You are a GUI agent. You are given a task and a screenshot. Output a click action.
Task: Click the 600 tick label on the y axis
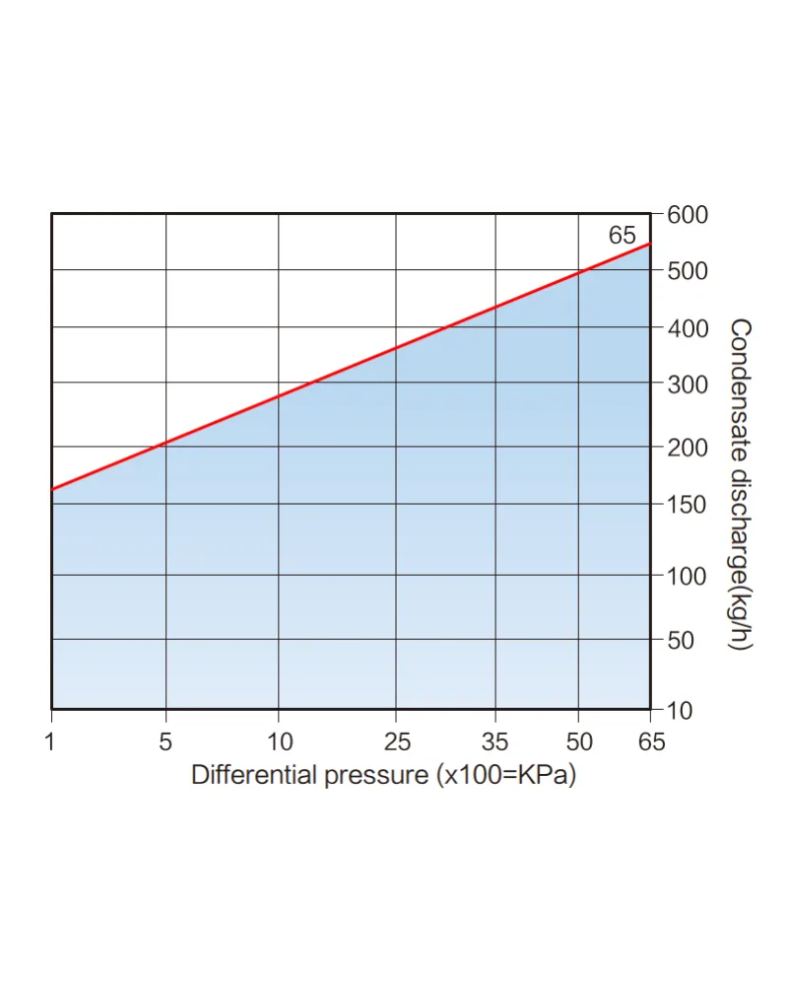pos(688,215)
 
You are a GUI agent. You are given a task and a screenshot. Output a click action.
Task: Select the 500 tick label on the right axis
pos(688,271)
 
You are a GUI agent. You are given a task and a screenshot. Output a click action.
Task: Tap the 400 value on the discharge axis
pos(688,328)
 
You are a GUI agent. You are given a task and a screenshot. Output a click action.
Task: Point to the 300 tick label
pos(688,385)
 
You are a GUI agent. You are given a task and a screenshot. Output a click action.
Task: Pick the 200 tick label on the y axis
pos(688,448)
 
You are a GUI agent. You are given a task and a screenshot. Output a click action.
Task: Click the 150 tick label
pos(687,504)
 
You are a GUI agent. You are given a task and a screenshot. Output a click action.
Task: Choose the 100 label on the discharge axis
pos(687,576)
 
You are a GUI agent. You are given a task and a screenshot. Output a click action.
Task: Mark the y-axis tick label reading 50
pos(681,640)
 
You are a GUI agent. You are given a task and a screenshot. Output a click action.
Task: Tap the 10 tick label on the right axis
pos(680,711)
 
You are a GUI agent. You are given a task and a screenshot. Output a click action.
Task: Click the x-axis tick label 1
pos(50,742)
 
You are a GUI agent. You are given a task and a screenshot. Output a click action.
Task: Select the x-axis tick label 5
pos(165,742)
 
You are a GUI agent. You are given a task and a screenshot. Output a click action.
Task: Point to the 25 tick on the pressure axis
pos(397,742)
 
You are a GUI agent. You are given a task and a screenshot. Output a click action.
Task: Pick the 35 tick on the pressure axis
pos(495,742)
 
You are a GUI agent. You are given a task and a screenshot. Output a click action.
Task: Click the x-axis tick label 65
pos(651,742)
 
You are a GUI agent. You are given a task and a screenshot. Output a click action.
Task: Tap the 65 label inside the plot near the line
pos(623,236)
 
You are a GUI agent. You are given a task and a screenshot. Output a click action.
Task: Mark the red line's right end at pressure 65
pos(650,243)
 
